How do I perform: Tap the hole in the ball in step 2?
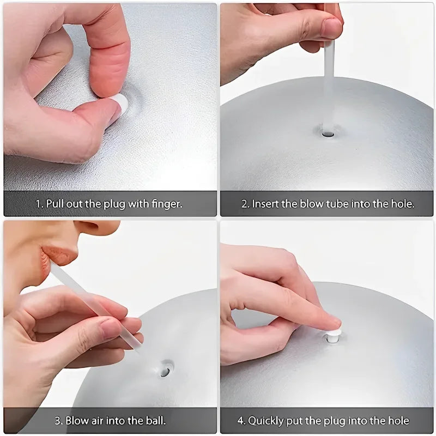click(x=327, y=132)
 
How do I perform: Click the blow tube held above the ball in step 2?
click(x=328, y=82)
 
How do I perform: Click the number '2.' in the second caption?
click(x=245, y=204)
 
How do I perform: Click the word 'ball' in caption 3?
click(x=155, y=420)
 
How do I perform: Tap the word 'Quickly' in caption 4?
click(x=267, y=421)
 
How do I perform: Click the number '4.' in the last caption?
click(x=241, y=421)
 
